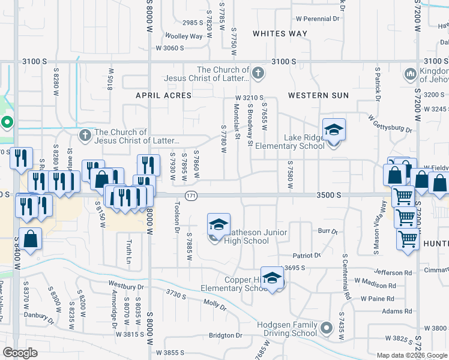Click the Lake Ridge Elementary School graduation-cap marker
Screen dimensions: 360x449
pyautogui.click(x=334, y=130)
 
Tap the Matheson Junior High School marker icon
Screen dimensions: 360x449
pyautogui.click(x=218, y=225)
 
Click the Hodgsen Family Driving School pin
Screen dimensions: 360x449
pyautogui.click(x=327, y=328)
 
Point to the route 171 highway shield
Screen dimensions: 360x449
pyautogui.click(x=191, y=196)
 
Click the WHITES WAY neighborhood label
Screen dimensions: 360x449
pyautogui.click(x=280, y=34)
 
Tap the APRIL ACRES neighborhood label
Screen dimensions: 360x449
pyautogui.click(x=163, y=95)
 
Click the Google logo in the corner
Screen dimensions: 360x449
pyautogui.click(x=20, y=353)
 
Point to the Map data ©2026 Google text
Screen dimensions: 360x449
pyautogui.click(x=411, y=355)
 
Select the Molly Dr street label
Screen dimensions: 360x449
pyautogui.click(x=214, y=303)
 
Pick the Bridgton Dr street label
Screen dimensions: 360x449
pyautogui.click(x=224, y=336)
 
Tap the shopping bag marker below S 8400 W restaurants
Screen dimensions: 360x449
pyautogui.click(x=30, y=239)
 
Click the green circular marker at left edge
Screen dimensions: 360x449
pyautogui.click(x=7, y=124)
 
